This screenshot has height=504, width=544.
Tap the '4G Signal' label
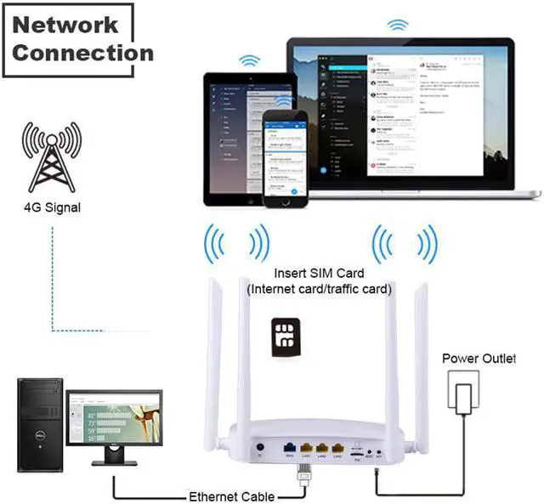(x=53, y=207)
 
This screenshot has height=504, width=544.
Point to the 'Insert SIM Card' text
(x=319, y=274)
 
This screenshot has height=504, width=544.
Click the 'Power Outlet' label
(x=479, y=359)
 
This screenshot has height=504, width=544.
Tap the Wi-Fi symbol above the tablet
(x=249, y=61)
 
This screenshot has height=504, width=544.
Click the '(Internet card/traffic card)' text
(x=319, y=289)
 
